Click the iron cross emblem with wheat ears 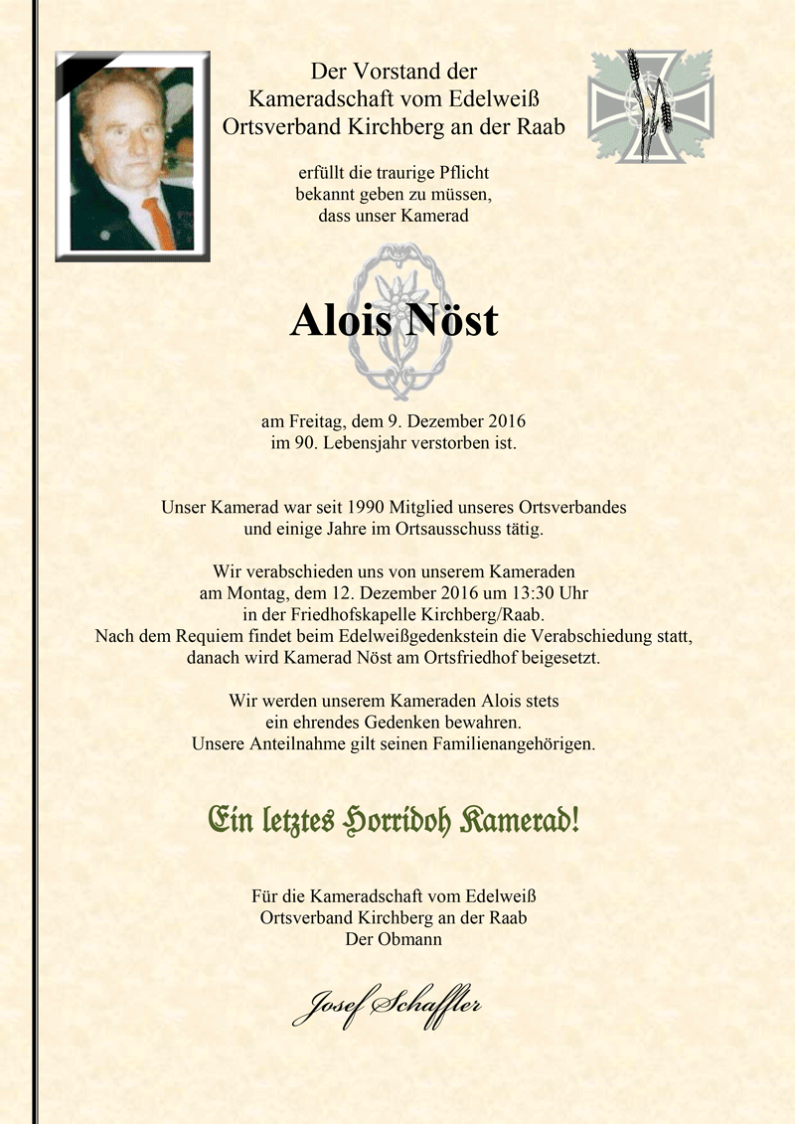pos(651,105)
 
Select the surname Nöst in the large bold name pos(450,321)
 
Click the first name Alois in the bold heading pos(339,321)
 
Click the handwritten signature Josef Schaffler pos(386,1005)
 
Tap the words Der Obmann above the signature pos(394,939)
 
